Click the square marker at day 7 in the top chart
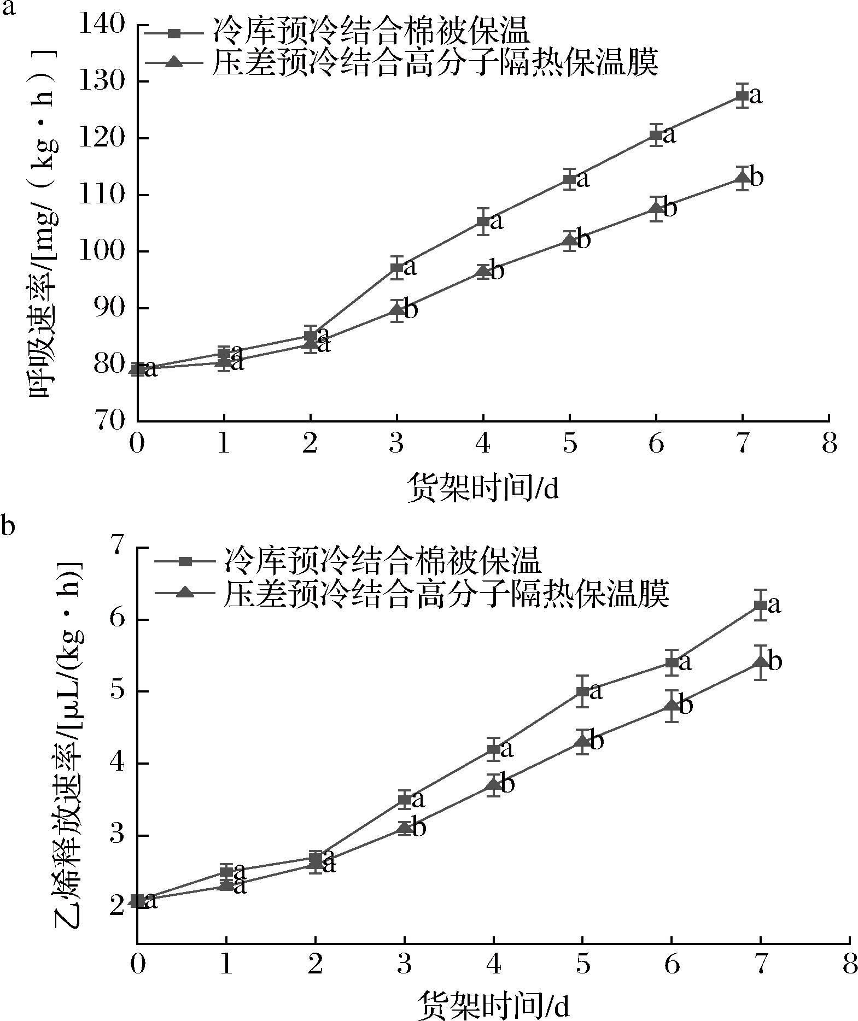tap(742, 96)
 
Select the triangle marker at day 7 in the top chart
tap(742, 178)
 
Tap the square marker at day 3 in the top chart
tap(396, 268)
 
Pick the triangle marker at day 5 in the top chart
tap(569, 239)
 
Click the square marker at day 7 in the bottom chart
tap(760, 605)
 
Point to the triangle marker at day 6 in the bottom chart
tap(672, 706)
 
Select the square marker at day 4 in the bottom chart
tap(494, 749)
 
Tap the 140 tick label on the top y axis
tap(103, 25)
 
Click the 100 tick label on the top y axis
tap(103, 251)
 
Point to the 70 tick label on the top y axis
tap(109, 421)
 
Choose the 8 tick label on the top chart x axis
tap(829, 444)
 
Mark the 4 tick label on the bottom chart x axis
tap(494, 964)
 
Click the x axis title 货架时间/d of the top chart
tap(483, 488)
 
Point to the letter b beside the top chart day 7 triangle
tap(756, 177)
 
